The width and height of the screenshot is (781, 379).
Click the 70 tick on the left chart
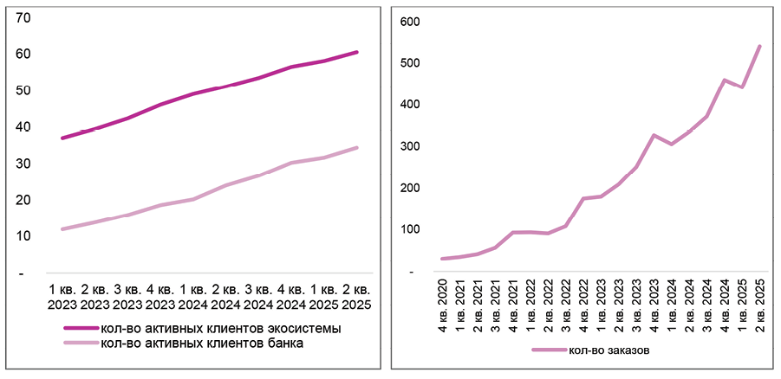point(23,17)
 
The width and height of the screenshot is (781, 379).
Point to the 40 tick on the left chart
point(23,127)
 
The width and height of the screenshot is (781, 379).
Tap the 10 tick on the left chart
point(23,236)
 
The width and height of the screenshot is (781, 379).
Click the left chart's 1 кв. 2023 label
point(63,296)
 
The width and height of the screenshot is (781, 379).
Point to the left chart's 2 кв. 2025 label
point(356,296)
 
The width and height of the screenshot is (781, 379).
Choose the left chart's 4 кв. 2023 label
point(160,296)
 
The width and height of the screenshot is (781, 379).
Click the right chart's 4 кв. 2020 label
point(443,297)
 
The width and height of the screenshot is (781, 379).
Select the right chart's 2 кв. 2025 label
point(759,297)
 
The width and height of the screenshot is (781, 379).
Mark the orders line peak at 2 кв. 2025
point(760,46)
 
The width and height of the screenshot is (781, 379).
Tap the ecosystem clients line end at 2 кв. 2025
point(357,52)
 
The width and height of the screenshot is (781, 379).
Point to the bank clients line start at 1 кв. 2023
point(62,229)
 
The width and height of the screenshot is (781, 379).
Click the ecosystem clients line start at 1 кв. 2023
point(62,138)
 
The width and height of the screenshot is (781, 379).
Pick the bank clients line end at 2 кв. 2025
point(357,148)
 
